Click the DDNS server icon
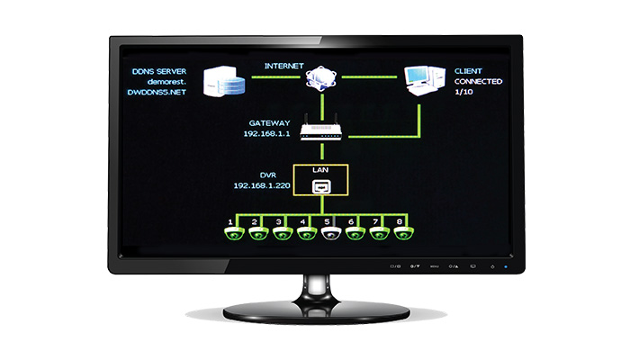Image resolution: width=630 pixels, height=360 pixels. [x=224, y=82]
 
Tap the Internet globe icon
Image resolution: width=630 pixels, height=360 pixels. [x=320, y=77]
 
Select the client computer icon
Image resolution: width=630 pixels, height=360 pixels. [x=425, y=81]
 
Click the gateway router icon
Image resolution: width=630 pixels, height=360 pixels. [x=321, y=128]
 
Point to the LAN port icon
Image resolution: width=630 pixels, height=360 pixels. [x=321, y=187]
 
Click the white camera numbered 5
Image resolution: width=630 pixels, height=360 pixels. [x=331, y=233]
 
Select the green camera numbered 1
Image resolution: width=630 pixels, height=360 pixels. [x=234, y=233]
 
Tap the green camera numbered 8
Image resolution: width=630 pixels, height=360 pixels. [x=404, y=233]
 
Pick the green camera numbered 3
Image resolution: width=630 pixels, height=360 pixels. [x=283, y=233]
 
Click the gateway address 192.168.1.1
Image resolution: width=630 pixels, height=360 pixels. [x=266, y=134]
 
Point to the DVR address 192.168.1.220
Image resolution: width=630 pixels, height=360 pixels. [x=262, y=185]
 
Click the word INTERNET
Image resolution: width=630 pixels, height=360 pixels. [x=283, y=66]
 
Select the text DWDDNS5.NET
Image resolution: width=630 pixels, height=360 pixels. [x=157, y=92]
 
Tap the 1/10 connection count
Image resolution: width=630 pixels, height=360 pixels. [x=463, y=92]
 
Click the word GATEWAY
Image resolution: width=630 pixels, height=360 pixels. [x=269, y=123]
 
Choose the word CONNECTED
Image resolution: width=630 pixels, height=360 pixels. [x=478, y=82]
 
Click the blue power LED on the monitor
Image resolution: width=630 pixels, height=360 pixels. [x=506, y=266]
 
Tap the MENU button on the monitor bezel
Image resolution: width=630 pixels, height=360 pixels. [x=435, y=266]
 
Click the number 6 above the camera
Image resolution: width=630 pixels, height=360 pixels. [x=351, y=221]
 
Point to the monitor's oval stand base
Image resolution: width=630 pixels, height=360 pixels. [x=317, y=311]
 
